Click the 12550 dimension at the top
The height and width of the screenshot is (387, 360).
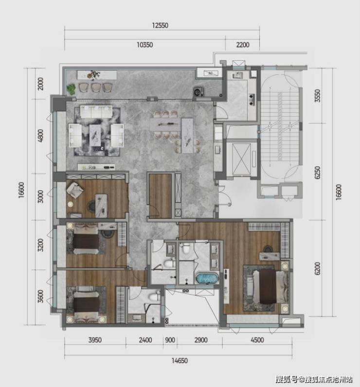point(160,25)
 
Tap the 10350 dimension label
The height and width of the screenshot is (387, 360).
point(144,45)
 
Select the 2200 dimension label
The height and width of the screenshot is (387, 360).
point(243,45)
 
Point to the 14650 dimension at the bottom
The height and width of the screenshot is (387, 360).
point(180,361)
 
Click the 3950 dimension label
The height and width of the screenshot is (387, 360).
point(95,340)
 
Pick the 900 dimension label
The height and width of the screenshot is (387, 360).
point(170,340)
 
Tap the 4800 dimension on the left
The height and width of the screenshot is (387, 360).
point(41,136)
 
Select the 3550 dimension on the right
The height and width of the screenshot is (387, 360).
point(318,96)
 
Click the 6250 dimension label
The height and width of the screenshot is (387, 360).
point(318,172)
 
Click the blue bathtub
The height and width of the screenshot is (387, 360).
point(207,278)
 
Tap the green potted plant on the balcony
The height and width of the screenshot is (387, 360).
point(72,89)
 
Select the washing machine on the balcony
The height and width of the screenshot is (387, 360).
point(198,91)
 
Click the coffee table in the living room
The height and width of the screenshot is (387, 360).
point(95,135)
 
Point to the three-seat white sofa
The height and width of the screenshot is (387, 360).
point(96,111)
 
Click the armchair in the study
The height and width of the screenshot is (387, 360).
point(74,190)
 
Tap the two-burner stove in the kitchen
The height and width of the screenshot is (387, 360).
point(252,100)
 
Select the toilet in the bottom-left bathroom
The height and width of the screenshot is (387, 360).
point(155,296)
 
